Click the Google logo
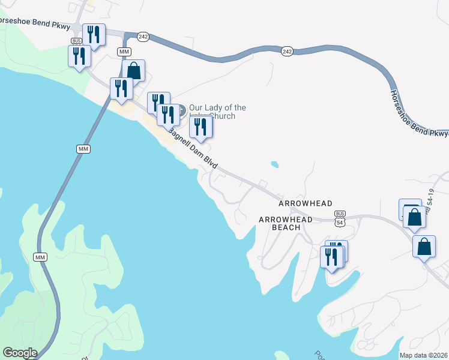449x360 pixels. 20,353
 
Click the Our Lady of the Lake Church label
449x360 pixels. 217,112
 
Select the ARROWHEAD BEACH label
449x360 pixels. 285,223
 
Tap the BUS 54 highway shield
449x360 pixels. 340,218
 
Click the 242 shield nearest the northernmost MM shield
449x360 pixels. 143,37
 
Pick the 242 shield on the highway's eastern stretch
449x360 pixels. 287,52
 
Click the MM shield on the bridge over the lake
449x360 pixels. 83,148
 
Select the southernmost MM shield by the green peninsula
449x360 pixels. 40,257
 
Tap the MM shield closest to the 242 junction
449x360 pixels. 124,52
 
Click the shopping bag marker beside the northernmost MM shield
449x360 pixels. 134,71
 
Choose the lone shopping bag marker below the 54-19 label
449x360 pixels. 424,247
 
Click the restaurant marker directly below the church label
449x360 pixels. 201,127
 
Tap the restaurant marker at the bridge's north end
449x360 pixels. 122,89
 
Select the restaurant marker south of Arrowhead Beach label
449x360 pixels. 331,256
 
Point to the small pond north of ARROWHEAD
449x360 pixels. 275,164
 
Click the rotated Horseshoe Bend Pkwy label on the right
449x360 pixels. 417,113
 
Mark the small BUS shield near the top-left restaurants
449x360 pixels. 76,41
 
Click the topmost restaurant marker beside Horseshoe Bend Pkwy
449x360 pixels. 94,34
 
